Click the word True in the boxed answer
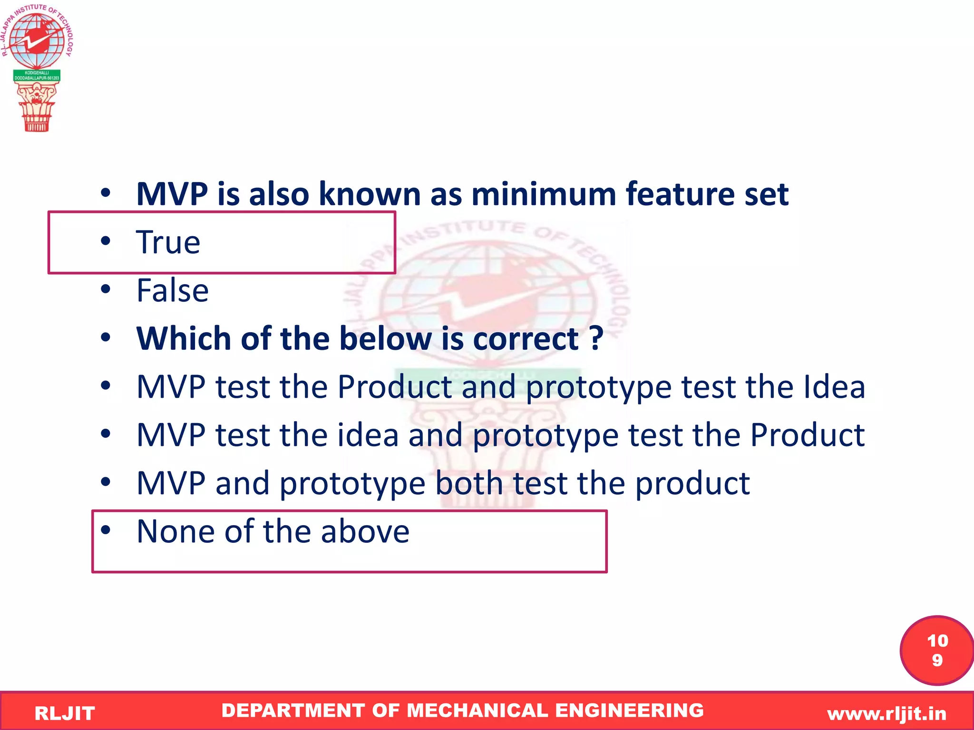point(168,242)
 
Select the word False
point(172,290)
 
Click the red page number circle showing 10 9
point(936,651)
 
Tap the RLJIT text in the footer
point(65,713)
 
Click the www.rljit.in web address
point(886,713)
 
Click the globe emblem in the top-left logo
point(36,40)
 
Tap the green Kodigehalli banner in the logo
point(37,76)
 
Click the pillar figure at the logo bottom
point(37,107)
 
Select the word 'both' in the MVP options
point(469,483)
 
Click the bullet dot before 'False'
point(106,289)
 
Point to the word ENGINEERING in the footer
point(629,711)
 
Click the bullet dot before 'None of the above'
point(106,529)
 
